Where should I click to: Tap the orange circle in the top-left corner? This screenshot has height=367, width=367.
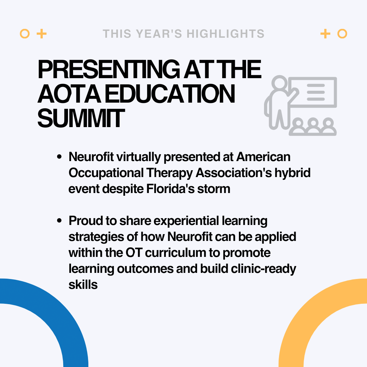[x=25, y=34]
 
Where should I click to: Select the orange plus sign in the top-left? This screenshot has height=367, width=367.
[x=41, y=34]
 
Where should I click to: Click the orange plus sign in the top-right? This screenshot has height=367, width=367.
[x=325, y=34]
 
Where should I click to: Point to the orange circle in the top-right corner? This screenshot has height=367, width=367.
[x=342, y=34]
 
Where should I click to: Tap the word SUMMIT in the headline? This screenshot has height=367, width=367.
[x=80, y=118]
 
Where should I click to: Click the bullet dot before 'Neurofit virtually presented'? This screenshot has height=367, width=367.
[x=59, y=157]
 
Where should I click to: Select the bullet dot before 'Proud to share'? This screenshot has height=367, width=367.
[x=59, y=221]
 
